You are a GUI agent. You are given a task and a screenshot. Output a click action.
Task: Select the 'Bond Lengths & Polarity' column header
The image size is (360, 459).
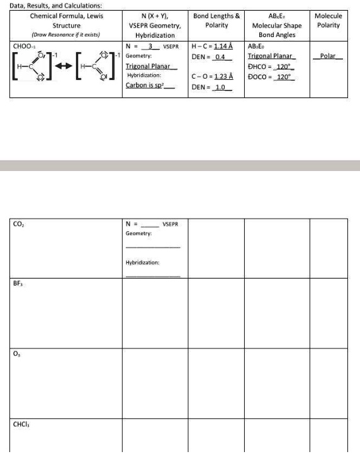[217, 20]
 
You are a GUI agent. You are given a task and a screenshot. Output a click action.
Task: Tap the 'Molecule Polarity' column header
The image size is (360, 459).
[329, 20]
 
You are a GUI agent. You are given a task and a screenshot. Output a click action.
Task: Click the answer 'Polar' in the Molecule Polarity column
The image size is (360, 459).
[328, 56]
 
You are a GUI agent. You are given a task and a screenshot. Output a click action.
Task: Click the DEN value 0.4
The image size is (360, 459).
[220, 57]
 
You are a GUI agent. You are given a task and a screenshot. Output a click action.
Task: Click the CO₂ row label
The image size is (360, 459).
[19, 223]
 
